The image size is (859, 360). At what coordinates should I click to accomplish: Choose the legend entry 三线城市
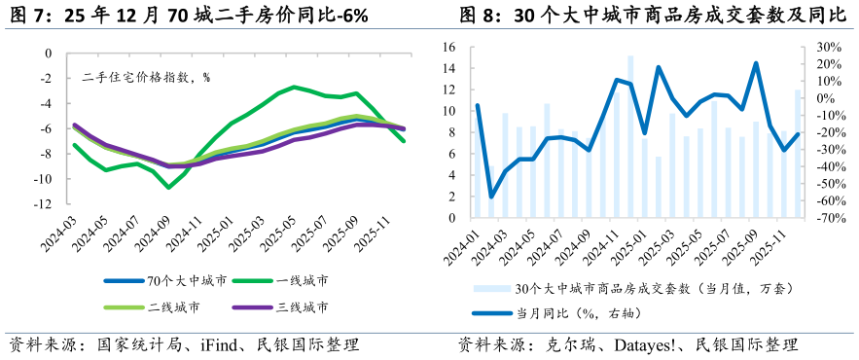pos(303,307)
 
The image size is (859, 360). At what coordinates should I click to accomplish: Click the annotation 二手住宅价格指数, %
pos(146,77)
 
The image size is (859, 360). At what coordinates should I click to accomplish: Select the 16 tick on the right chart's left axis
pos(449,47)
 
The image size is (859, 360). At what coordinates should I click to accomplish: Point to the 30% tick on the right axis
pos(827,47)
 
